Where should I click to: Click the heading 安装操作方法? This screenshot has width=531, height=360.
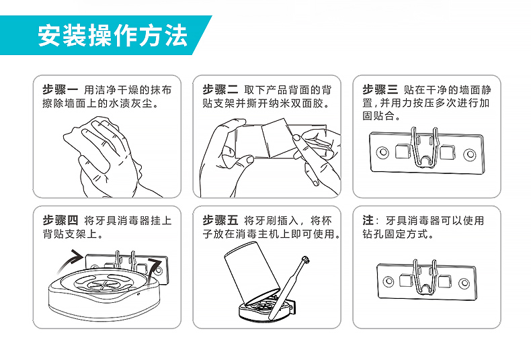[112, 35]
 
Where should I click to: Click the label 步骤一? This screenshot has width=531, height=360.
[60, 89]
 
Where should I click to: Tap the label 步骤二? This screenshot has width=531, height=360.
[220, 89]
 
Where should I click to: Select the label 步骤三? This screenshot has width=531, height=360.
[380, 89]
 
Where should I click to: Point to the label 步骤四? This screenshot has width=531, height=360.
[60, 220]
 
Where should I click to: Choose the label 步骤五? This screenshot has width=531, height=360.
[220, 220]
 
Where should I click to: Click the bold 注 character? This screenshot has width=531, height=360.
[368, 220]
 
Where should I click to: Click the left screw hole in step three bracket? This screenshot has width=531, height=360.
[382, 152]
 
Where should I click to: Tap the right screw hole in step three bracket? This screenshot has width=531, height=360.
[469, 154]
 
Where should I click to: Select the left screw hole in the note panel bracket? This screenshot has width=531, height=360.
[388, 281]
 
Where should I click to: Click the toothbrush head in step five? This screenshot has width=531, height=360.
[305, 260]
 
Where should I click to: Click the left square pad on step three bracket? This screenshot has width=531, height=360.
[403, 151]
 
